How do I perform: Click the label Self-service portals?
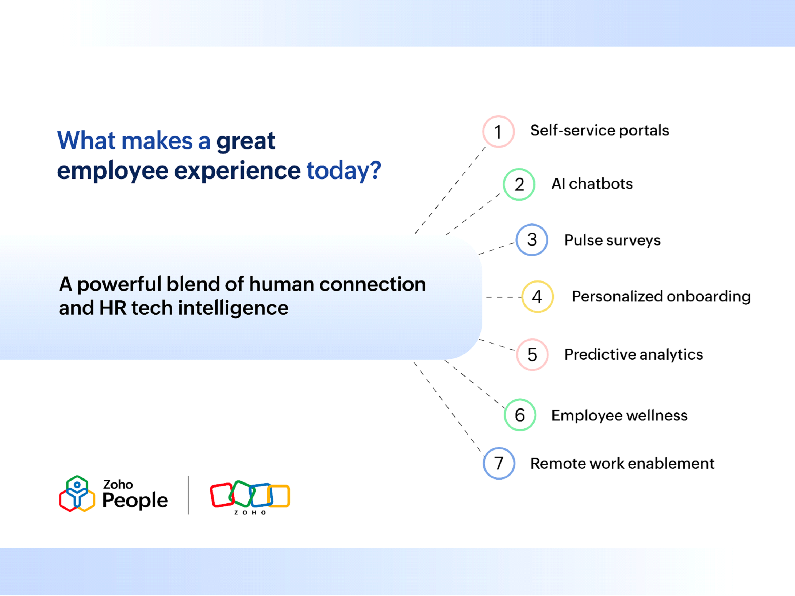(x=599, y=130)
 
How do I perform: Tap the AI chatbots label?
(x=592, y=184)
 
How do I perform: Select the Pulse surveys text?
(x=613, y=240)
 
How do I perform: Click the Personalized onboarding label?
(x=661, y=296)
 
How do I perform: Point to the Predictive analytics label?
(x=633, y=355)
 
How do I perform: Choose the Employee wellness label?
(x=619, y=416)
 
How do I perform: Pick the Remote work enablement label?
(x=622, y=463)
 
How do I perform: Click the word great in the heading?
(x=246, y=142)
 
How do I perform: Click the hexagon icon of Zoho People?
(x=77, y=494)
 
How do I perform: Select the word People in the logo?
(x=135, y=500)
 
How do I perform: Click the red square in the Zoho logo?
(x=222, y=495)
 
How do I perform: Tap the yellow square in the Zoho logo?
(x=279, y=496)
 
